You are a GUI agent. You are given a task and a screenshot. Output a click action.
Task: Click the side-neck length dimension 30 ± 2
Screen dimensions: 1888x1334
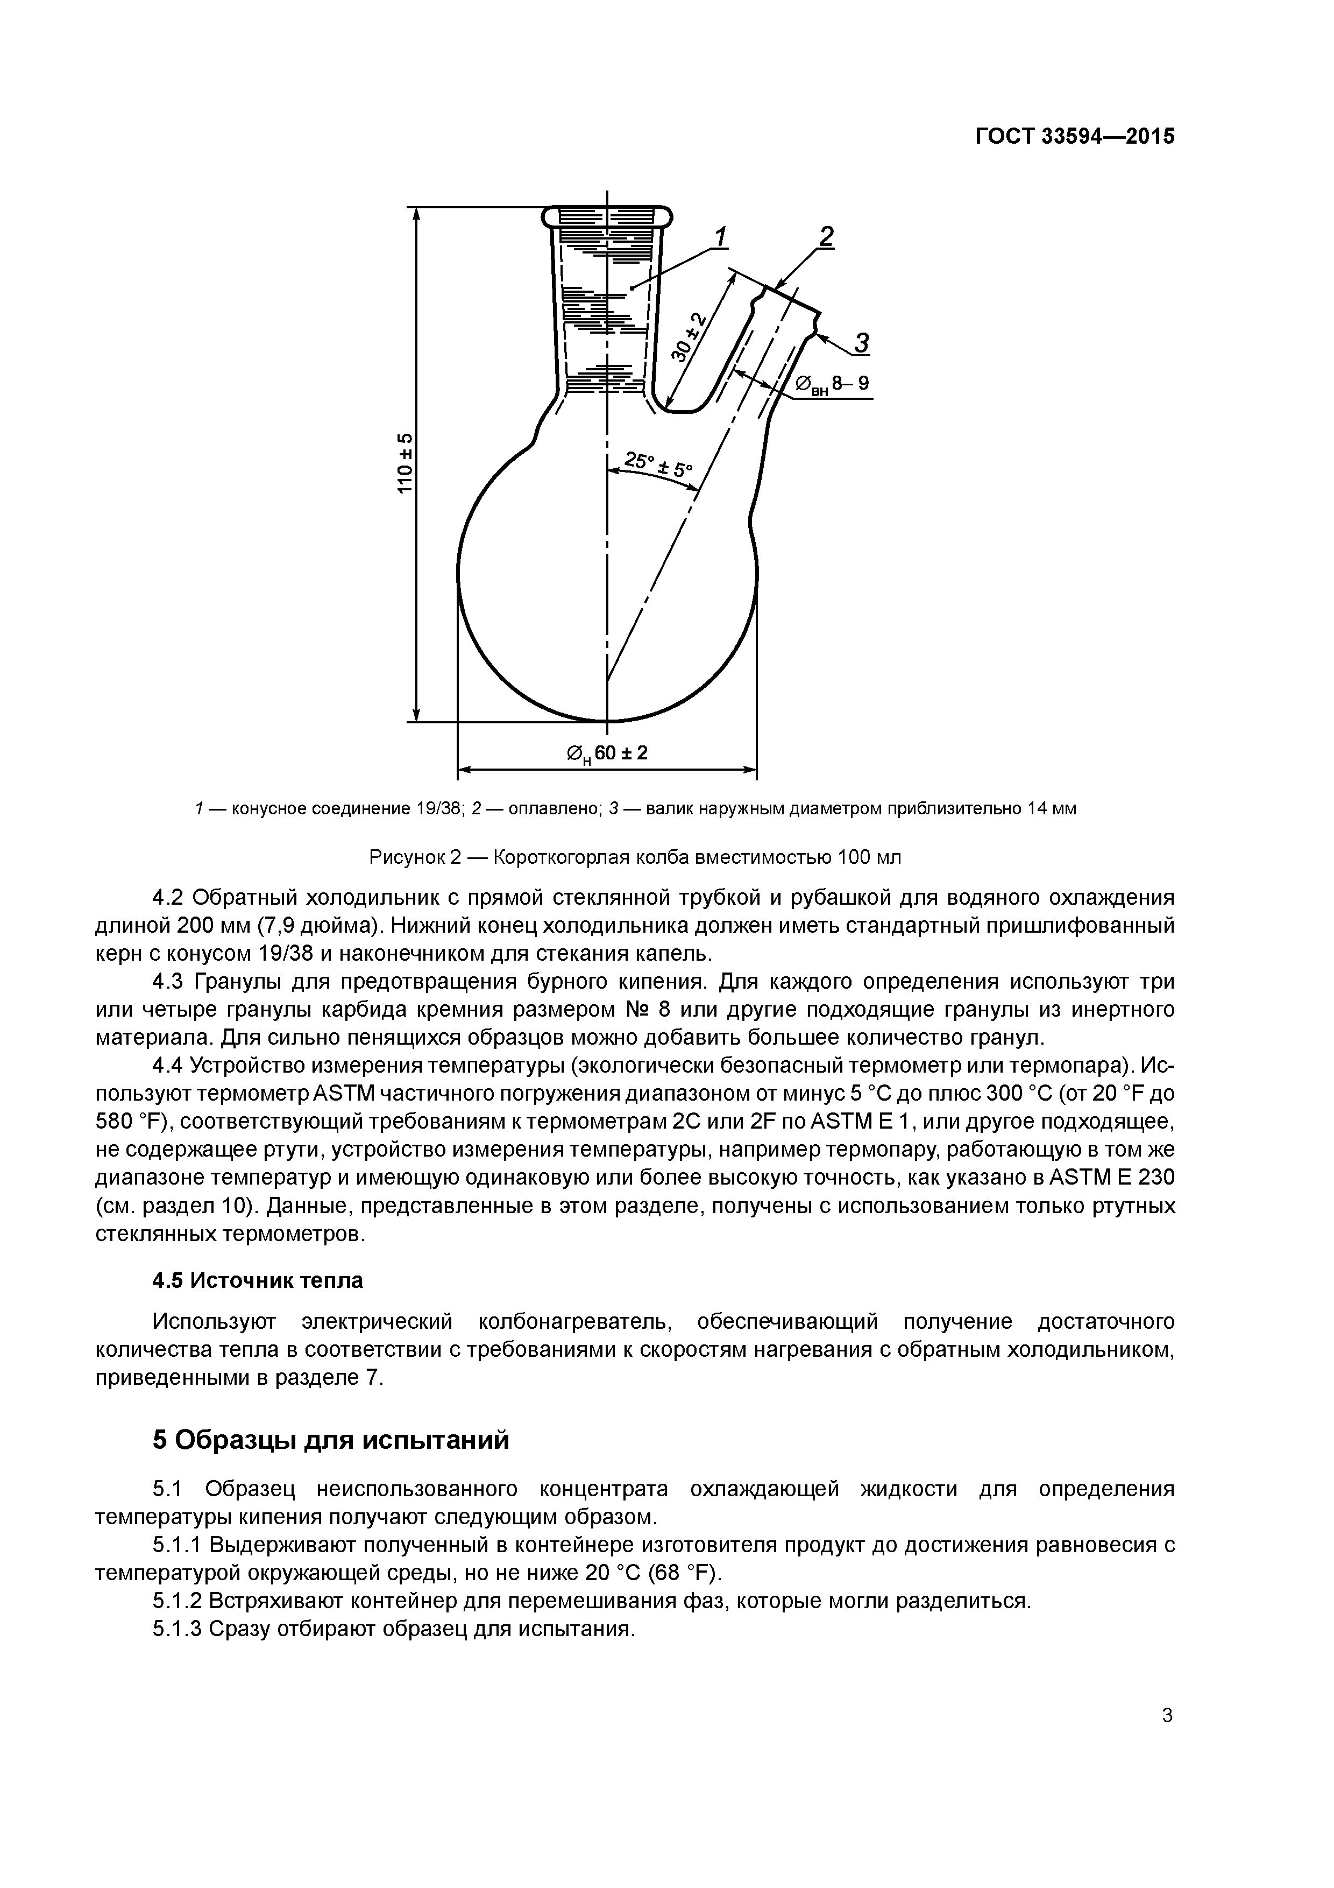click(x=689, y=336)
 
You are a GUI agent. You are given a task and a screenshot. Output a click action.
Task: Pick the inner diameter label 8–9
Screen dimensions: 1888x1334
click(x=850, y=383)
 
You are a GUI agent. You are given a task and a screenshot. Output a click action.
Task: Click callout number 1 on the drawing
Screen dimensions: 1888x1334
click(x=720, y=238)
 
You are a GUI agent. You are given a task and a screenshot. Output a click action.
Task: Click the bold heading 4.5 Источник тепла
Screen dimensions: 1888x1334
click(x=258, y=1280)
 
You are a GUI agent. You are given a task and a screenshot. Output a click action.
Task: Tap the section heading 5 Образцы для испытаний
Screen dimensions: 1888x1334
click(x=330, y=1440)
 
